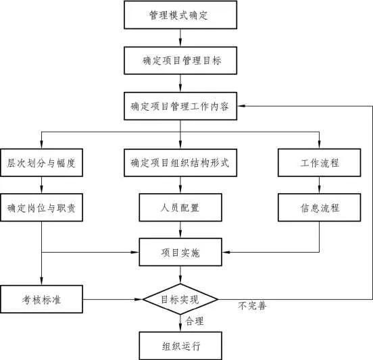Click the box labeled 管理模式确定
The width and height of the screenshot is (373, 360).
click(x=180, y=15)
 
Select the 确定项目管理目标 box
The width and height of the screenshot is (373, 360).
click(x=180, y=60)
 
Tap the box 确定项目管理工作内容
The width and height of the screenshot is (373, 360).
click(x=180, y=106)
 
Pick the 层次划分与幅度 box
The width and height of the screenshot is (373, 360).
click(x=41, y=163)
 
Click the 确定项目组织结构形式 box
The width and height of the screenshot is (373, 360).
click(x=180, y=163)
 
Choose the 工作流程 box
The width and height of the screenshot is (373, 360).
click(x=320, y=163)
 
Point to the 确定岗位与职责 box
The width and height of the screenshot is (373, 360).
click(x=41, y=207)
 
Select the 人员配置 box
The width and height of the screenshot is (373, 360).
click(x=180, y=207)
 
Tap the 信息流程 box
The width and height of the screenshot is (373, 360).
click(x=320, y=207)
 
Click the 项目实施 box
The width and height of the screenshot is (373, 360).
click(x=180, y=253)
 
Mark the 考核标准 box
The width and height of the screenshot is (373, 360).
click(x=41, y=299)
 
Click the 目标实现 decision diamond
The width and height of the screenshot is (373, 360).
click(x=180, y=299)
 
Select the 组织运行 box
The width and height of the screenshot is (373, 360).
click(x=180, y=346)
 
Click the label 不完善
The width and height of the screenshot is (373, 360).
click(x=252, y=306)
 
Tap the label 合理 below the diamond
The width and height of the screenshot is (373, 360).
click(x=195, y=322)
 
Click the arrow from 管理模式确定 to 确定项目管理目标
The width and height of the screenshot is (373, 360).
click(x=180, y=37)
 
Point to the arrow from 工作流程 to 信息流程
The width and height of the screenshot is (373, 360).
click(x=320, y=185)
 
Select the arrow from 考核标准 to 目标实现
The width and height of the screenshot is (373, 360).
click(x=111, y=299)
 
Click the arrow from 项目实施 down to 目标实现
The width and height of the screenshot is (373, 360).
click(x=180, y=274)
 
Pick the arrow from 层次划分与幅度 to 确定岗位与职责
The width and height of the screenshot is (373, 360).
click(x=41, y=185)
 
